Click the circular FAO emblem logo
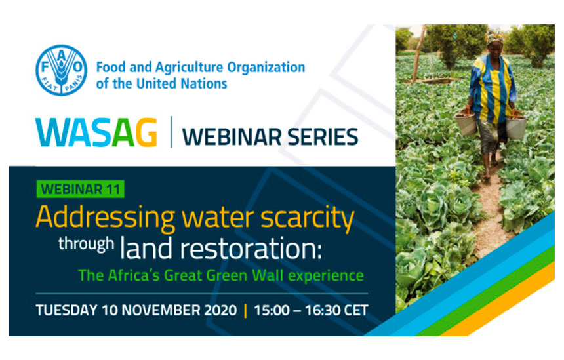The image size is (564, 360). click(x=61, y=70)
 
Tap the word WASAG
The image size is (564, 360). click(x=96, y=132)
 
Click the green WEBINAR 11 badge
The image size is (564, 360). click(x=80, y=189)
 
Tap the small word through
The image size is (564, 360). click(x=87, y=244)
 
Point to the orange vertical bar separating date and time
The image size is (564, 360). click(x=246, y=311)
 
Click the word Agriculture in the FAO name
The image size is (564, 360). click(x=189, y=68)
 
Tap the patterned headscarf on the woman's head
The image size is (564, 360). click(x=495, y=36)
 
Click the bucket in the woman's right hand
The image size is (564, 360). click(x=466, y=124)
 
